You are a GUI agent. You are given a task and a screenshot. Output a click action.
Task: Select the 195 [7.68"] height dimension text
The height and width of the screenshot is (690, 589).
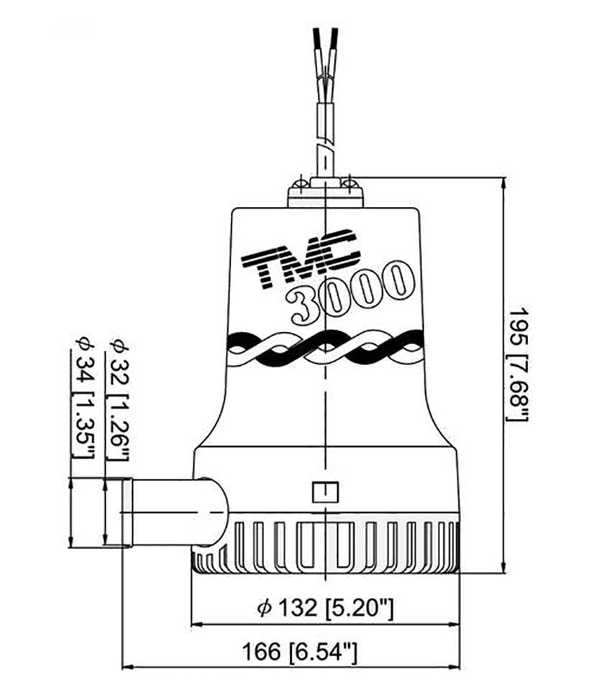518,364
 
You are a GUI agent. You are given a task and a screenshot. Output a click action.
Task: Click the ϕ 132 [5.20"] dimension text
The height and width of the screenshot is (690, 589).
325,608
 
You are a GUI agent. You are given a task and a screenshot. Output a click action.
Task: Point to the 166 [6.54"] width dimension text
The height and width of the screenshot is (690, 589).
300,651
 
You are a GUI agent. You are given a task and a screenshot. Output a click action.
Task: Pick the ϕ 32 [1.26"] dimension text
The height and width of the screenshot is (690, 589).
117,400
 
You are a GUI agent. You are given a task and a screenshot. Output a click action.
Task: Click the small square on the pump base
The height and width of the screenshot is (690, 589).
325,492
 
